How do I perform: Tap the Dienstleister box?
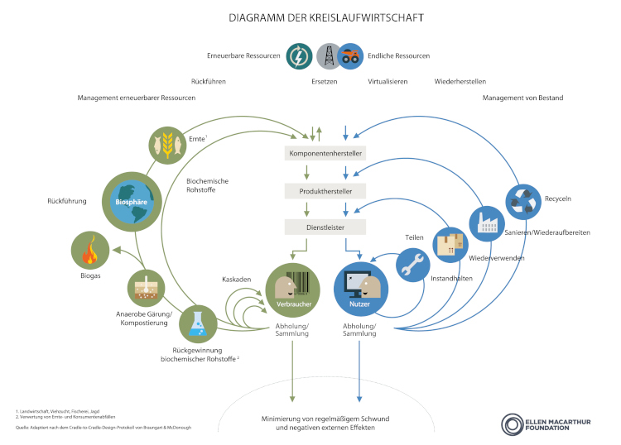coord(325,227)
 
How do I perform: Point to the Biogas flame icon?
coord(89,250)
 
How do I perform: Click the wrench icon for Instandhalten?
coord(413,265)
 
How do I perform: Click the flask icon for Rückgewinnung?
coord(198,323)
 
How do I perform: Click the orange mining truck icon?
coord(351,56)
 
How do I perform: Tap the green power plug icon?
coord(299,56)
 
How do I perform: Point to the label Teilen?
coord(414,237)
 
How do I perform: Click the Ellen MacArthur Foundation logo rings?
coord(511,424)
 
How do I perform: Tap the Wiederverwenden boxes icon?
coord(450,243)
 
